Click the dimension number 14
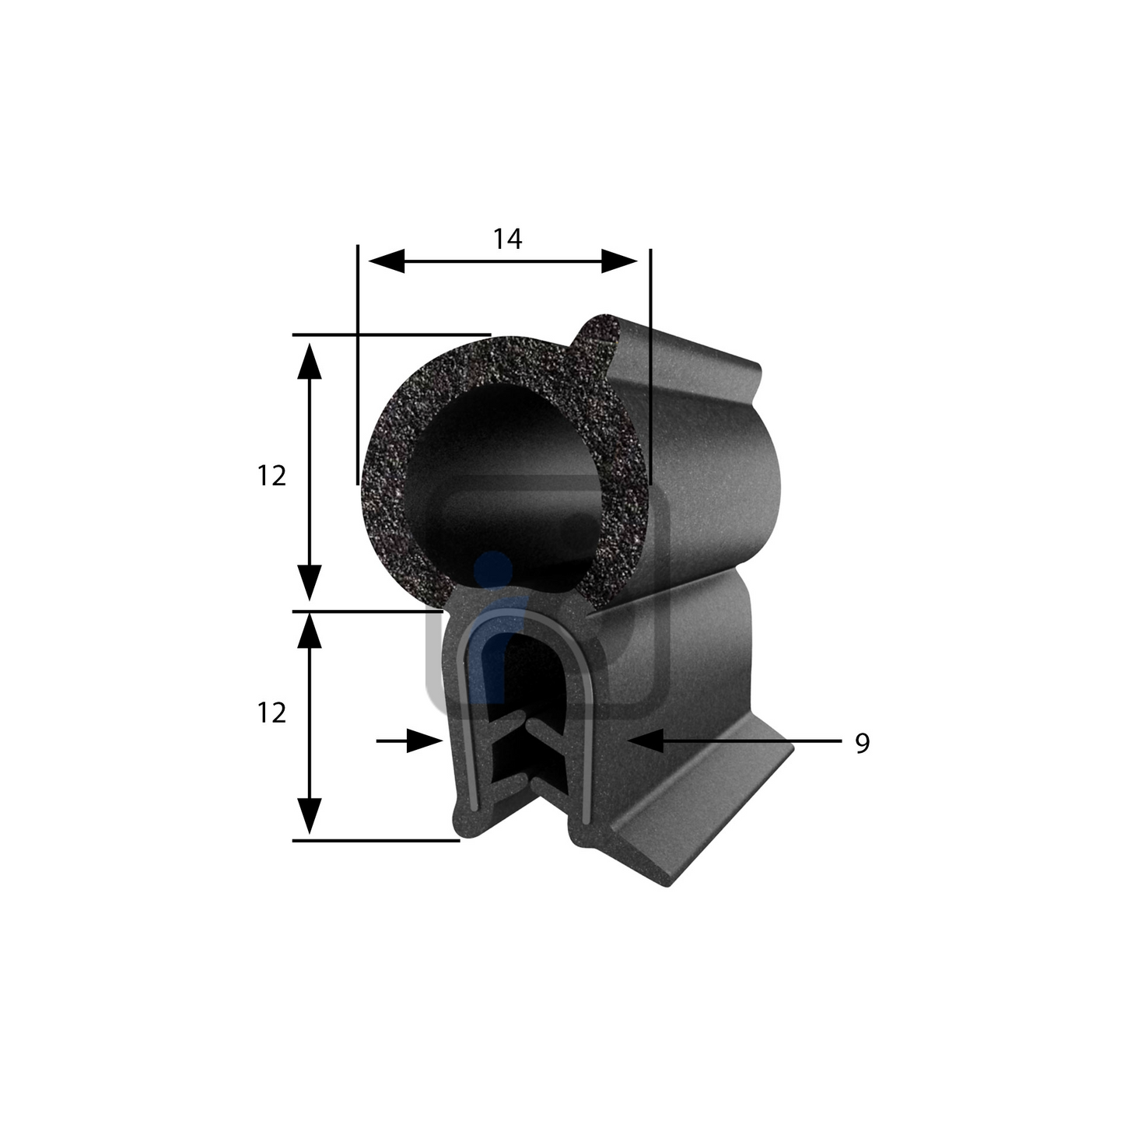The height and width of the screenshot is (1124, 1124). click(x=507, y=239)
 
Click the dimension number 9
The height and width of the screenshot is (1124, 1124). click(x=863, y=743)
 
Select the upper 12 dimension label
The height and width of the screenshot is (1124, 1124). click(x=271, y=476)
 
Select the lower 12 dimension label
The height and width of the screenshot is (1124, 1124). click(x=271, y=713)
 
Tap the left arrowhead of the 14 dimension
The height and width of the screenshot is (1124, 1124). click(x=386, y=261)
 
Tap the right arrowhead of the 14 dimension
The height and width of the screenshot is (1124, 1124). click(x=619, y=261)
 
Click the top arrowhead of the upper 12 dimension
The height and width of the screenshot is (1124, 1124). click(x=309, y=361)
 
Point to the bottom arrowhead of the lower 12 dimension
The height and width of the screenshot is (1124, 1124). click(x=309, y=816)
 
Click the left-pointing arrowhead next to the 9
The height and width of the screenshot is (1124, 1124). click(x=647, y=741)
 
